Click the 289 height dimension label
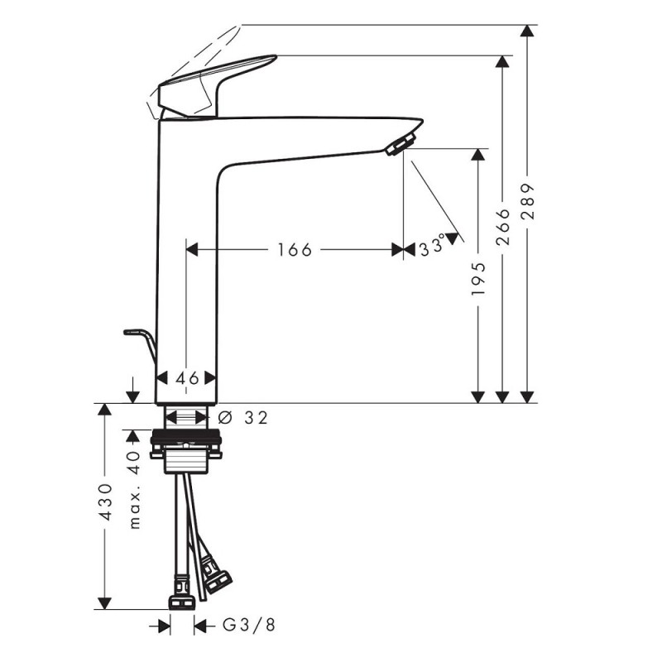tap(527, 201)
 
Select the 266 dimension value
tap(503, 227)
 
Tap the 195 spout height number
tap(479, 279)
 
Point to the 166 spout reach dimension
tap(295, 250)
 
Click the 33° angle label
tap(432, 246)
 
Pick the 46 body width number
tap(187, 378)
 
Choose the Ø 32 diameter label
tap(243, 418)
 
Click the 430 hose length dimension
tap(105, 502)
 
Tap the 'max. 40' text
tap(134, 490)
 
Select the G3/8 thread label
tap(249, 625)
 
